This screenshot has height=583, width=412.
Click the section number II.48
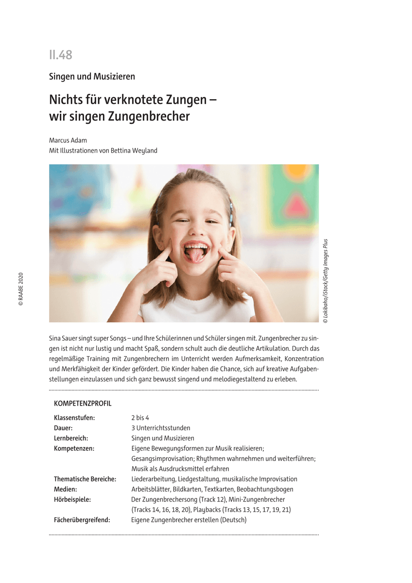pyautogui.click(x=60, y=55)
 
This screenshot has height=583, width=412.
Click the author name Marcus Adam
pyautogui.click(x=68, y=140)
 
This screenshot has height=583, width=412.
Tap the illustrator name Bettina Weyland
pyautogui.click(x=137, y=151)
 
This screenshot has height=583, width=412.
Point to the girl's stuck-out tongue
pyautogui.click(x=195, y=256)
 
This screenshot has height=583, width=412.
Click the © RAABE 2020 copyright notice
pyautogui.click(x=20, y=289)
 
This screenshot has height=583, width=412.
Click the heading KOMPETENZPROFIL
pyautogui.click(x=83, y=404)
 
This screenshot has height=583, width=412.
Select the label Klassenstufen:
pyautogui.click(x=74, y=418)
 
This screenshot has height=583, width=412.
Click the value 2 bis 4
pyautogui.click(x=140, y=418)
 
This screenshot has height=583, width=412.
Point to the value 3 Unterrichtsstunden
pyautogui.click(x=161, y=428)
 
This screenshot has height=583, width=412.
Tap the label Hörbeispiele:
pyautogui.click(x=72, y=499)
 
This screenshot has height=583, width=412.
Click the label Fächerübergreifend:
pyautogui.click(x=82, y=520)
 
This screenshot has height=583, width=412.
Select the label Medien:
pyautogui.click(x=65, y=489)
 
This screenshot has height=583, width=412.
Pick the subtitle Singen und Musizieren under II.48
pyautogui.click(x=92, y=76)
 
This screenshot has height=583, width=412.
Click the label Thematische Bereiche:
pyautogui.click(x=85, y=479)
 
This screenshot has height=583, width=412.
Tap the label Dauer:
pyautogui.click(x=63, y=428)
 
